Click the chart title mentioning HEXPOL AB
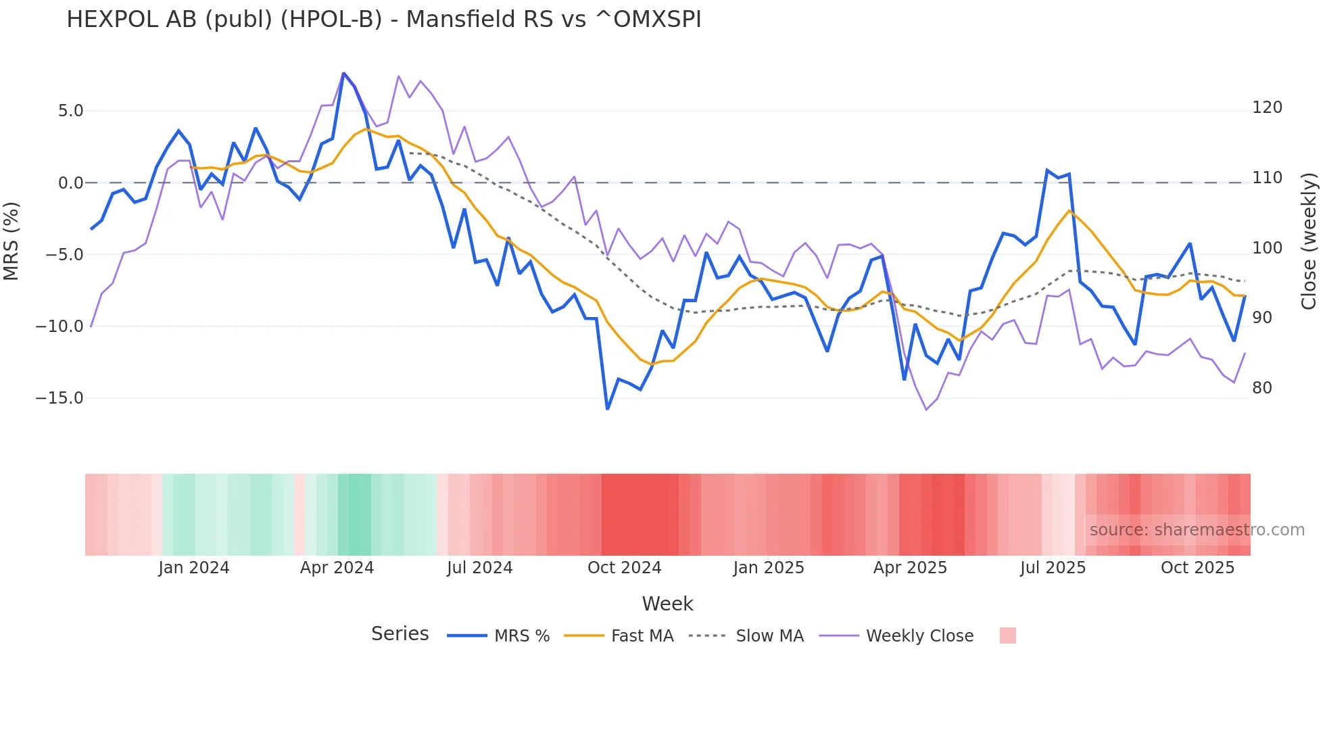pyautogui.click(x=383, y=20)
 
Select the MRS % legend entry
pyautogui.click(x=521, y=636)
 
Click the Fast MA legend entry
pyautogui.click(x=642, y=636)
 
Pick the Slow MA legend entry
pyautogui.click(x=769, y=636)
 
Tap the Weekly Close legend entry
pyautogui.click(x=919, y=636)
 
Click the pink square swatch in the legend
pyautogui.click(x=1007, y=635)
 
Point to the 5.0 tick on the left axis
pyautogui.click(x=70, y=111)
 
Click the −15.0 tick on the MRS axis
pyautogui.click(x=59, y=398)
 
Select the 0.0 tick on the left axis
pyautogui.click(x=70, y=183)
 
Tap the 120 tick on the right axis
pyautogui.click(x=1267, y=107)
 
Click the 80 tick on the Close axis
pyautogui.click(x=1262, y=388)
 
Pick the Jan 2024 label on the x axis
pyautogui.click(x=194, y=568)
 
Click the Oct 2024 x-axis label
pyautogui.click(x=624, y=568)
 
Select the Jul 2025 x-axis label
pyautogui.click(x=1053, y=568)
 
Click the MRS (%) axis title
pyautogui.click(x=11, y=241)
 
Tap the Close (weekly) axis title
pyautogui.click(x=1309, y=241)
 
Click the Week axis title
pyautogui.click(x=667, y=604)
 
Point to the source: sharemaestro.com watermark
pyautogui.click(x=1197, y=530)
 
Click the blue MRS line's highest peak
pyautogui.click(x=343, y=73)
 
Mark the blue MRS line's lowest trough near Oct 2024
pyautogui.click(x=607, y=409)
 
